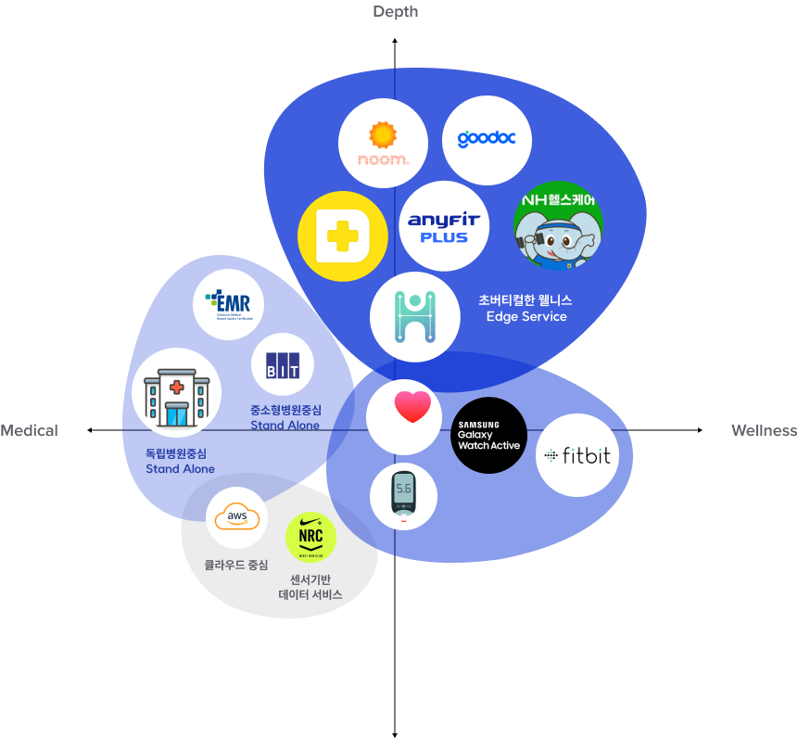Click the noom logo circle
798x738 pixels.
point(383,144)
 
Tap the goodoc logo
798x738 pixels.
point(487,140)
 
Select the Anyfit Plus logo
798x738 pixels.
point(444,226)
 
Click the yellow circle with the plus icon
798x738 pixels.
point(342,236)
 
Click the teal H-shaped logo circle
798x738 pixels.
point(414,317)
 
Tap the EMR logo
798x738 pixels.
point(228,304)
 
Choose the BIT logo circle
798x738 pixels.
point(282,363)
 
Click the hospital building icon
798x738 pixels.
point(176,393)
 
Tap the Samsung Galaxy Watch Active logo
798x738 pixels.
point(488,436)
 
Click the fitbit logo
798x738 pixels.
point(577,455)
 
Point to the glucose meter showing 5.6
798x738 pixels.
point(403,497)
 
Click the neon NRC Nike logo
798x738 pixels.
point(310,538)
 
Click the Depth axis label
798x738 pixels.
point(396,12)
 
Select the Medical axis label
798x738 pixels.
point(29,430)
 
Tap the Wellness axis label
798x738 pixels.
point(764,430)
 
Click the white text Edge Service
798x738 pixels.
point(526,317)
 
